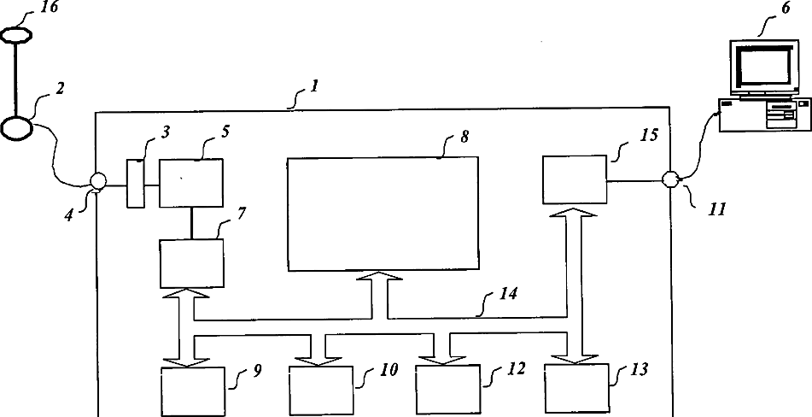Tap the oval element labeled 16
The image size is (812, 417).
tap(17, 35)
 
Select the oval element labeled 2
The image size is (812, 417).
tap(16, 127)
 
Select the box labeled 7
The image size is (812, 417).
tap(192, 263)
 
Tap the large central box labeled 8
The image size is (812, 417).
tap(383, 201)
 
